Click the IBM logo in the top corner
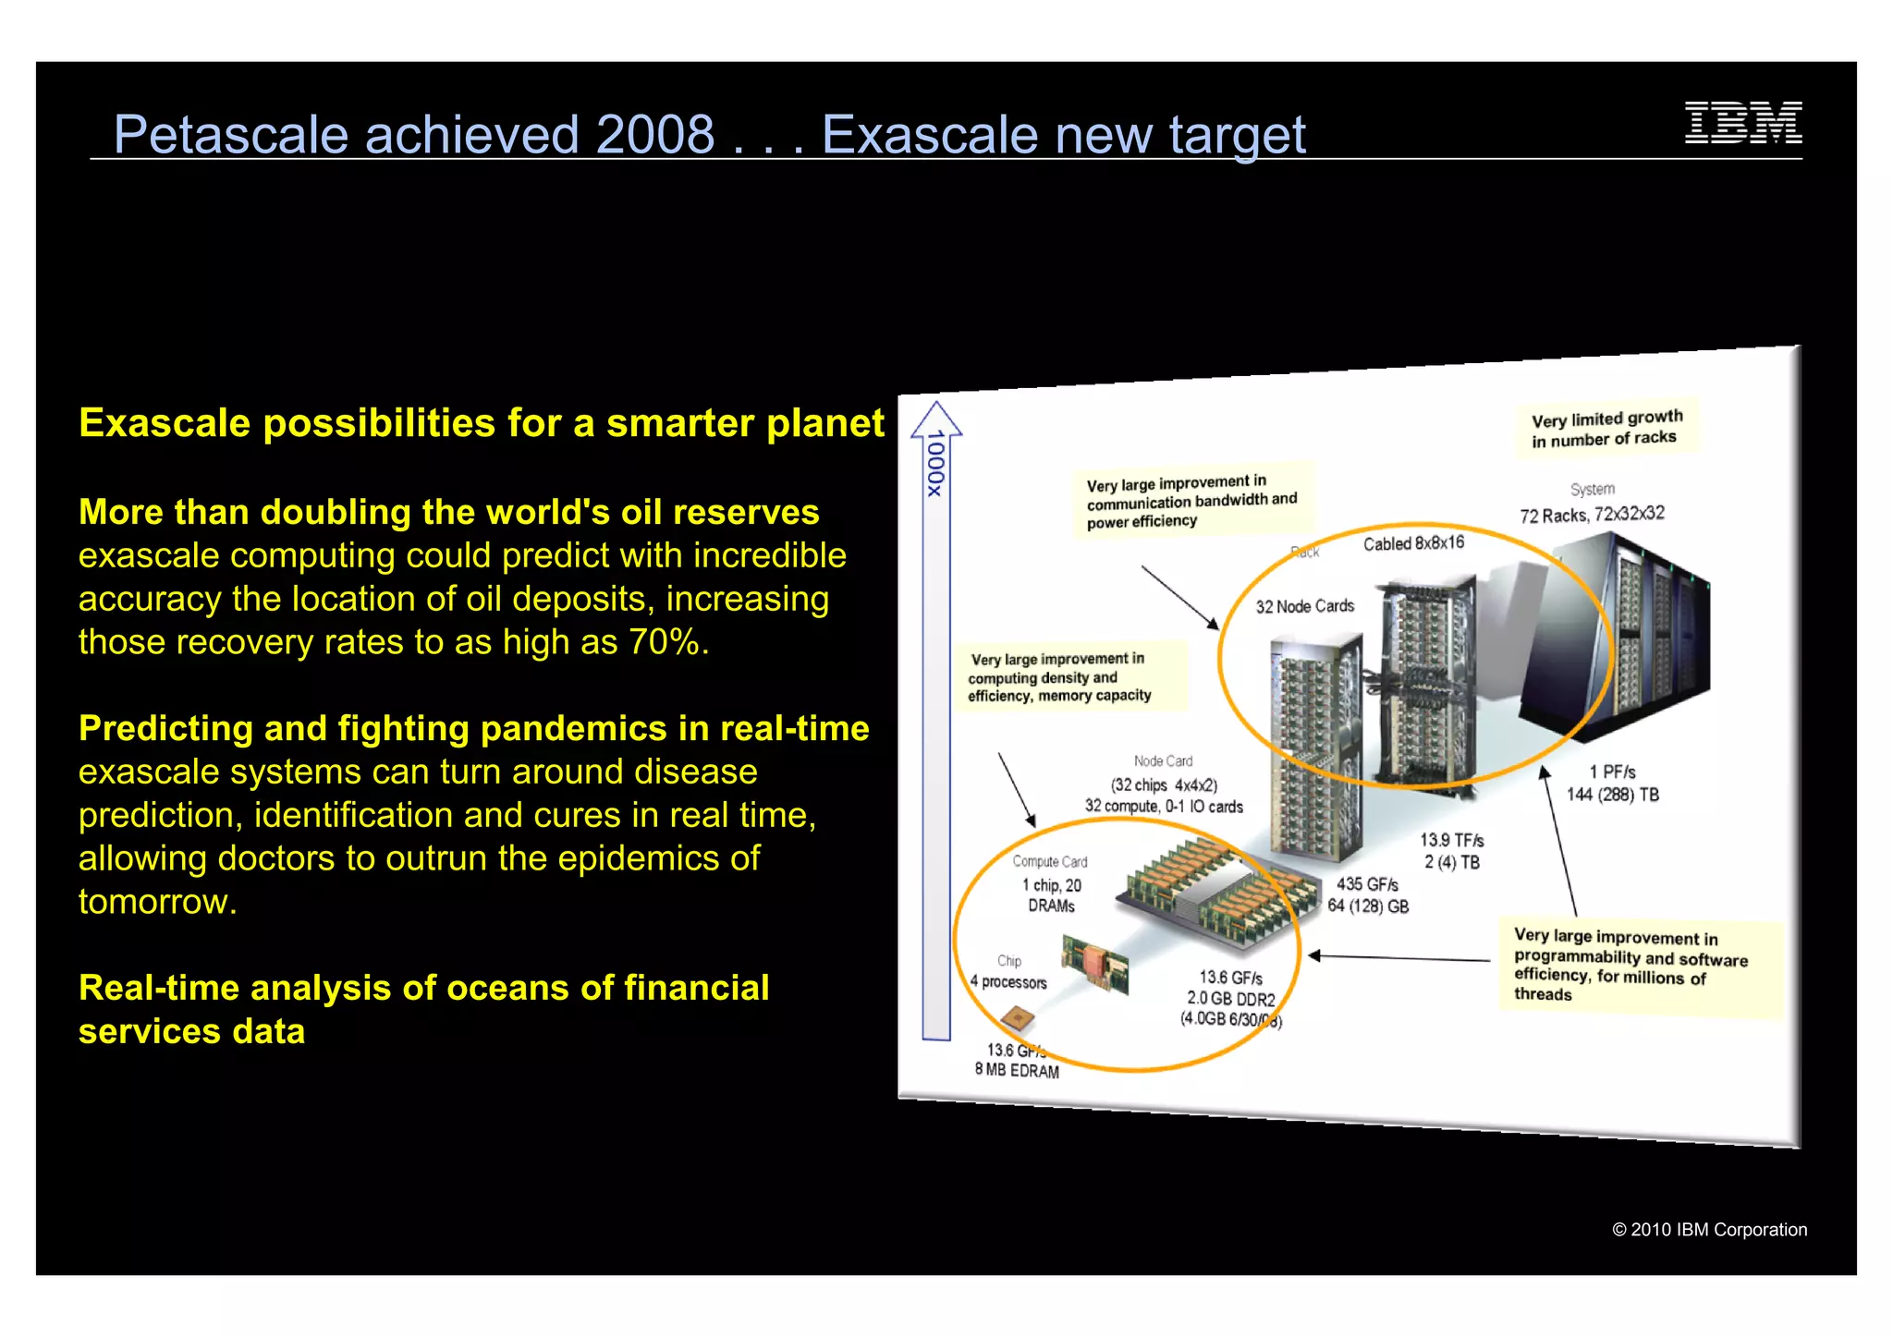[1742, 123]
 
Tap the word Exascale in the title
[929, 135]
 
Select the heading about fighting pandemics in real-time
[473, 728]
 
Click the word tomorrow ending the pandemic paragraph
[157, 902]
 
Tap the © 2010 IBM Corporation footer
[1709, 1230]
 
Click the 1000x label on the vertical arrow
[935, 463]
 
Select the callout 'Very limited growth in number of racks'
[1606, 429]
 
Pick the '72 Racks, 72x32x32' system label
[1592, 515]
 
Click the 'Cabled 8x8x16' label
[1413, 543]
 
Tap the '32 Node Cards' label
[1304, 606]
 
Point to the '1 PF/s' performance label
[1612, 772]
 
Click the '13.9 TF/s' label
[1451, 840]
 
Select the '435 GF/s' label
[1367, 884]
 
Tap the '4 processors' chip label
[1008, 982]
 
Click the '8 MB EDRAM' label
[1017, 1070]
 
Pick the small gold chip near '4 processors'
[1018, 1020]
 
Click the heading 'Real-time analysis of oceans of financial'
[423, 988]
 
